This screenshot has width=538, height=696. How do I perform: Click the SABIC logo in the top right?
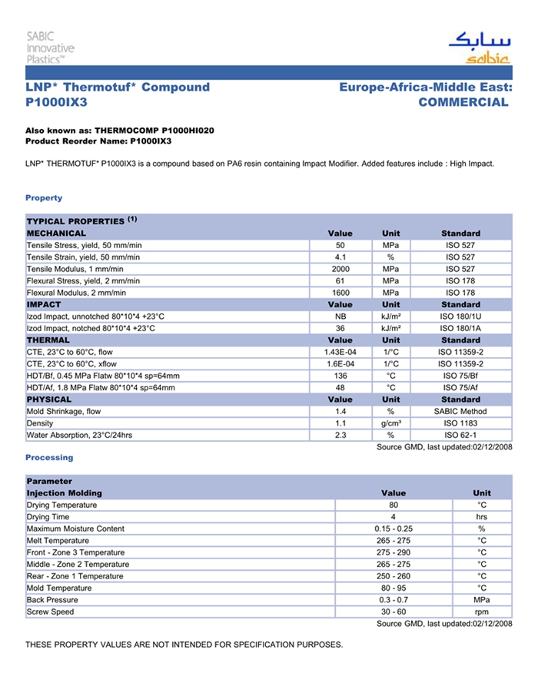pyautogui.click(x=479, y=48)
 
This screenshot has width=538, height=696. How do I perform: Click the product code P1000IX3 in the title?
pyautogui.click(x=57, y=102)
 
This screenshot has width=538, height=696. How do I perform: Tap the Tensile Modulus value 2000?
pyautogui.click(x=340, y=269)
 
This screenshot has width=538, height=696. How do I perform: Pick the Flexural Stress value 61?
pyautogui.click(x=340, y=280)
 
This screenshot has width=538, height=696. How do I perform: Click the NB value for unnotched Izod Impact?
pyautogui.click(x=340, y=317)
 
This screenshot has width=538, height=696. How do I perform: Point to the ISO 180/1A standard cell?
pyautogui.click(x=460, y=328)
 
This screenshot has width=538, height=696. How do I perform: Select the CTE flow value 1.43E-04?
pyautogui.click(x=340, y=352)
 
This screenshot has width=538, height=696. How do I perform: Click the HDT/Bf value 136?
pyautogui.click(x=340, y=376)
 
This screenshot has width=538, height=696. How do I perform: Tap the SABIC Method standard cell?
pyautogui.click(x=460, y=412)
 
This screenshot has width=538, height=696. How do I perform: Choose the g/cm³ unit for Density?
pyautogui.click(x=390, y=423)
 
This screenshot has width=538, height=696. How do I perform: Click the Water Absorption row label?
pyautogui.click(x=79, y=436)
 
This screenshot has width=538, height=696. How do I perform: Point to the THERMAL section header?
pyautogui.click(x=48, y=340)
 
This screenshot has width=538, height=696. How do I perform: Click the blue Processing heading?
pyautogui.click(x=49, y=458)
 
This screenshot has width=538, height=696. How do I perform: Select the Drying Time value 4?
pyautogui.click(x=393, y=517)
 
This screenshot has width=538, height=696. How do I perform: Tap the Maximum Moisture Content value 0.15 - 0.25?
pyautogui.click(x=393, y=529)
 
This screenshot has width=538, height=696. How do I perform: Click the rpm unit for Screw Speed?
pyautogui.click(x=482, y=612)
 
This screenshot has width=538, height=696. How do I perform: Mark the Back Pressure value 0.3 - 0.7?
pyautogui.click(x=393, y=600)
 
